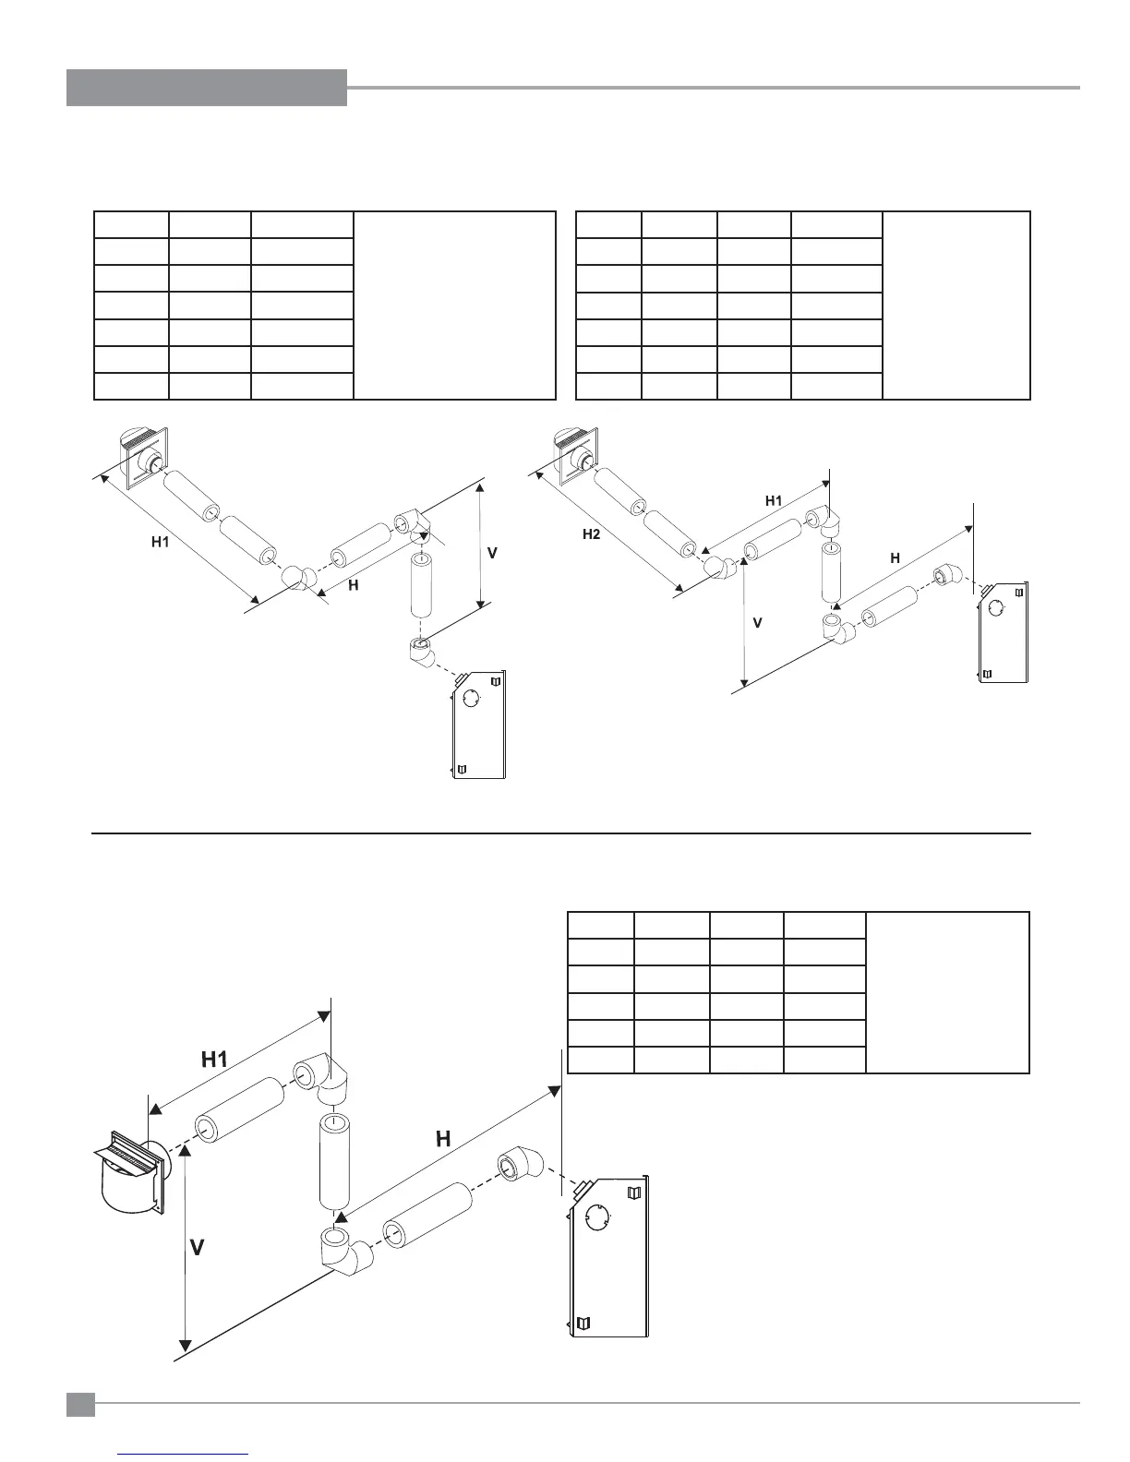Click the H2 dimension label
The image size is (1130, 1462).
[x=592, y=533]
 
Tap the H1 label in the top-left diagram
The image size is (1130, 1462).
[x=161, y=542]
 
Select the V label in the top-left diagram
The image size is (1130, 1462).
[x=492, y=553]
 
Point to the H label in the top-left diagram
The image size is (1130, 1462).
[x=353, y=585]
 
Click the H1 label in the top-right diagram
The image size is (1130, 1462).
[x=774, y=500]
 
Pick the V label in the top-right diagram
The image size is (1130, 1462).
[x=757, y=623]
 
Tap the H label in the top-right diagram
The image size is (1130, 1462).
[x=895, y=557]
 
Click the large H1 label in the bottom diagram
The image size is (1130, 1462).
[x=215, y=1060]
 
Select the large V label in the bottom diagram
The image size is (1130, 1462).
[x=198, y=1248]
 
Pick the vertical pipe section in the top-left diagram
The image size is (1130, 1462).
[x=421, y=585]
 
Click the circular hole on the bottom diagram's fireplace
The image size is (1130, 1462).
[x=598, y=1219]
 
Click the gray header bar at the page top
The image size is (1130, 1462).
[x=207, y=88]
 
